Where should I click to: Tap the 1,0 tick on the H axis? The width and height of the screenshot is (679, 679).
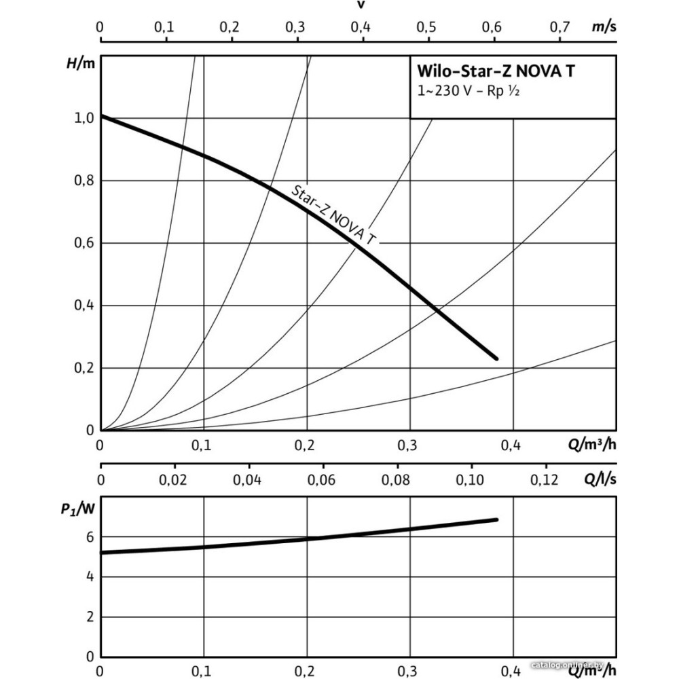tap(84, 117)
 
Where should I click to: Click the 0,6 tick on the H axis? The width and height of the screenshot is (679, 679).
tap(84, 243)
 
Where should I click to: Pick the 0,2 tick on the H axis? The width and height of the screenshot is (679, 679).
tap(84, 368)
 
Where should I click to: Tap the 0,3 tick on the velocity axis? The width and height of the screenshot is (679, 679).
tap(295, 27)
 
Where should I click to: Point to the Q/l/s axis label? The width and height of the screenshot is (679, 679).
tap(600, 480)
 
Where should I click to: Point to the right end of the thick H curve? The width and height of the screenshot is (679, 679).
tap(496, 358)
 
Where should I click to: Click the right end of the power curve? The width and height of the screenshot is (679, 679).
tap(497, 519)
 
